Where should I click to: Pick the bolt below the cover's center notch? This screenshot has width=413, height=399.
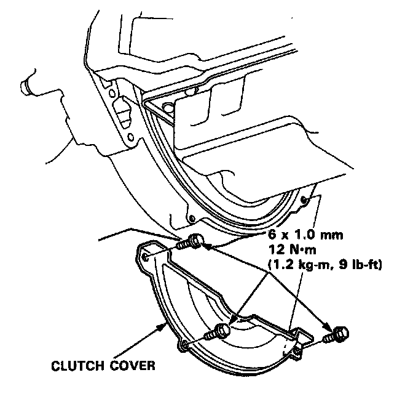pyautogui.click(x=219, y=332)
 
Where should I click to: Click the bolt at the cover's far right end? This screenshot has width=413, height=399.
pyautogui.click(x=337, y=336)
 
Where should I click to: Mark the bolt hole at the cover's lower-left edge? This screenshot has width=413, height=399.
pyautogui.click(x=183, y=346)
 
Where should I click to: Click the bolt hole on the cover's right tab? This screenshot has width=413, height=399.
pyautogui.click(x=298, y=351)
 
